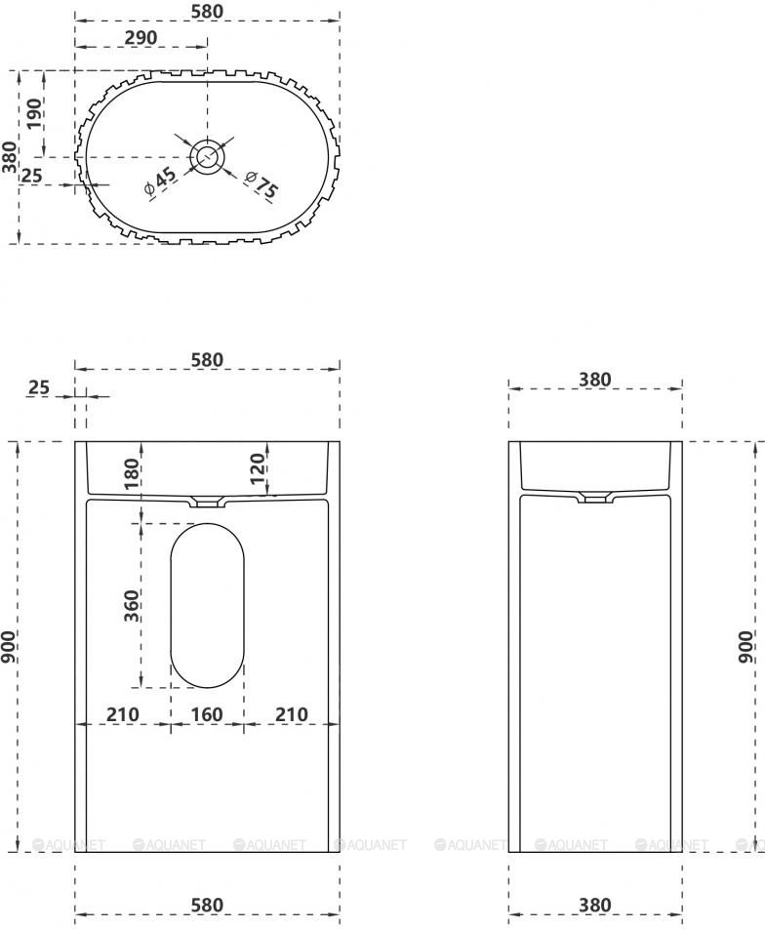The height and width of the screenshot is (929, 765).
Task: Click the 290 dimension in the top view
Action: pyautogui.click(x=141, y=37)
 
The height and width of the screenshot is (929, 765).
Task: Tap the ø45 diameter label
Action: pyautogui.click(x=161, y=181)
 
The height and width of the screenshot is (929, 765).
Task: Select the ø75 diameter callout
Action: pyautogui.click(x=261, y=184)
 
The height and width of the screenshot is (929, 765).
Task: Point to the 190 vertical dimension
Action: pyautogui.click(x=35, y=114)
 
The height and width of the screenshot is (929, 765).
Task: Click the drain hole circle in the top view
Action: pyautogui.click(x=208, y=157)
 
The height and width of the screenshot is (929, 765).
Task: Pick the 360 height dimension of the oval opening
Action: pyautogui.click(x=131, y=605)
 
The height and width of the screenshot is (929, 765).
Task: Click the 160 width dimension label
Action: pyautogui.click(x=207, y=714)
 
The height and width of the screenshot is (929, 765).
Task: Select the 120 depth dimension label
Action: pyautogui.click(x=257, y=468)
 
